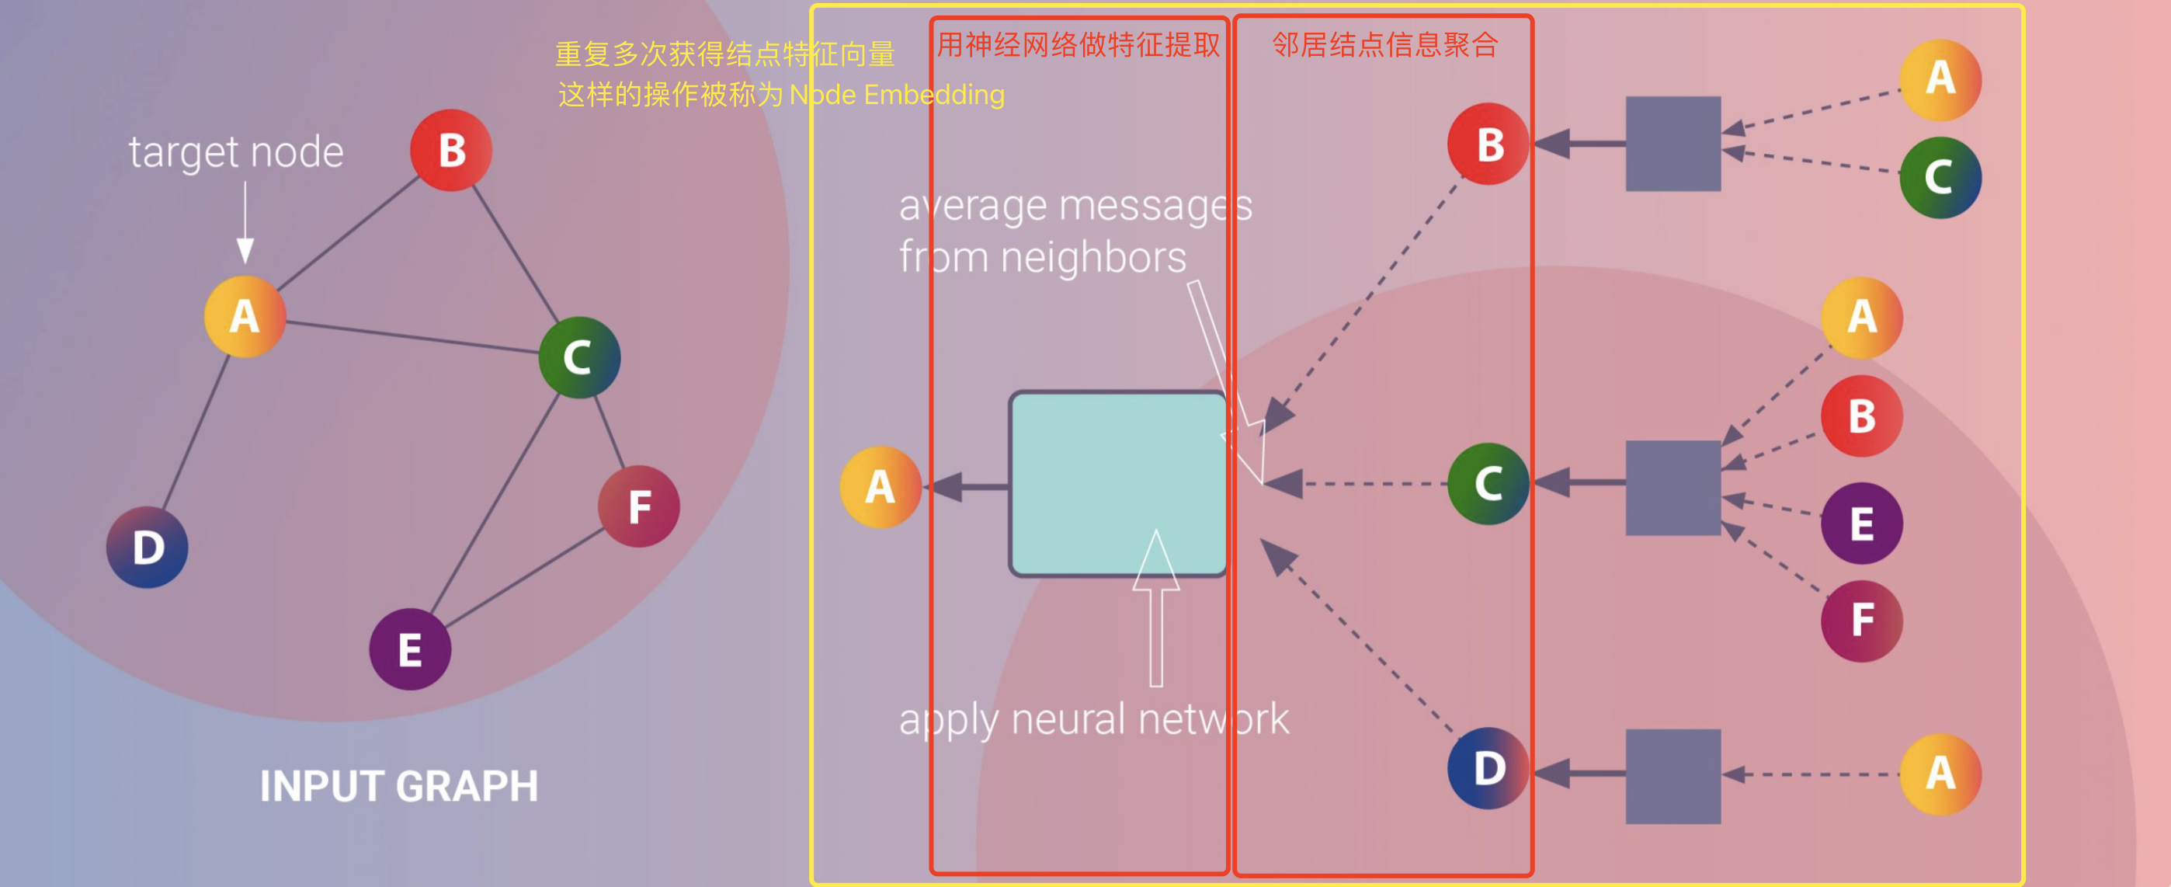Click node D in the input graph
click(x=148, y=548)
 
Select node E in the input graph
click(x=410, y=649)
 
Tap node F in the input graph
click(x=639, y=506)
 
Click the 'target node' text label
click(x=236, y=152)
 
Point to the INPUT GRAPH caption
click(x=398, y=786)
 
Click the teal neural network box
click(x=1117, y=484)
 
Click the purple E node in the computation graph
click(x=1861, y=524)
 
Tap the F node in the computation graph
click(x=1861, y=621)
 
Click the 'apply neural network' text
click(x=1093, y=719)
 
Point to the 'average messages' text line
click(x=1075, y=205)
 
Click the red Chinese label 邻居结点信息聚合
click(x=1384, y=45)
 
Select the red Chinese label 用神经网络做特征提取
click(x=1078, y=45)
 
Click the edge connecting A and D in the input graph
click(x=196, y=432)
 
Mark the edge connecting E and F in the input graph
click(x=523, y=579)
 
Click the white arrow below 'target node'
click(x=245, y=224)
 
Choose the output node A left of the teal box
click(x=880, y=487)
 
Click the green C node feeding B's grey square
click(x=1940, y=177)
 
